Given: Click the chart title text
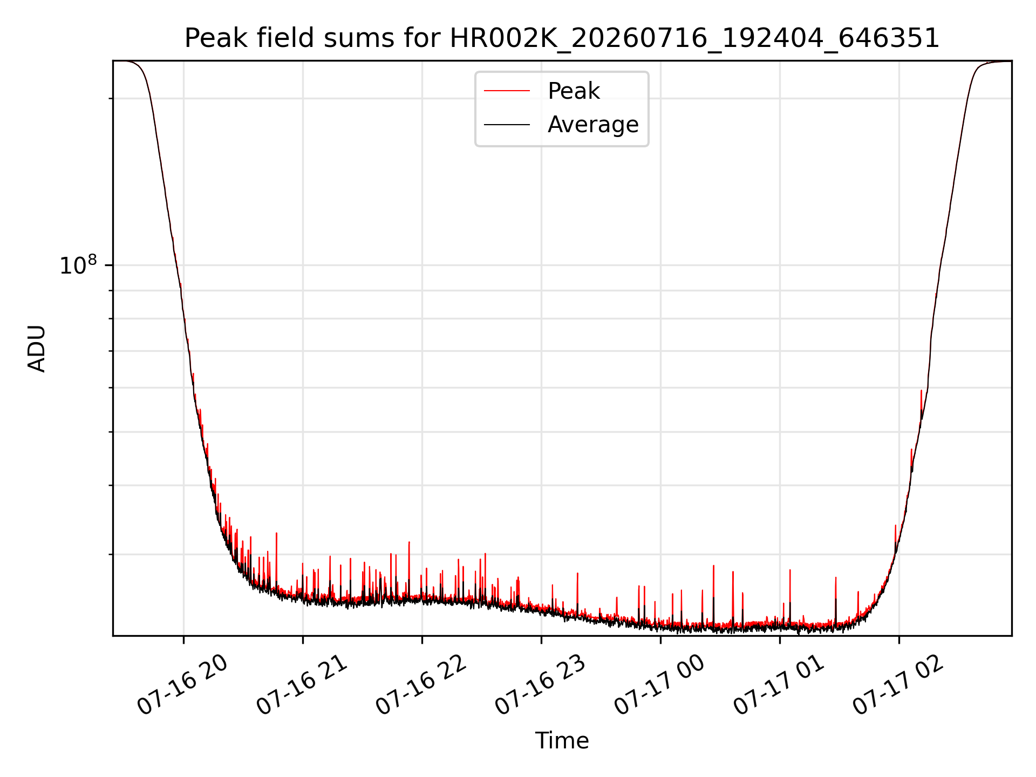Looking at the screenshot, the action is [562, 38].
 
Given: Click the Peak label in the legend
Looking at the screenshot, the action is [574, 91].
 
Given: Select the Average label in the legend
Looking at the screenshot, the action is [593, 125].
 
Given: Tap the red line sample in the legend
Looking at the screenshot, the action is [507, 91].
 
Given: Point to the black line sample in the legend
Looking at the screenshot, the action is [507, 125].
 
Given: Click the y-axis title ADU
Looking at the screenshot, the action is [37, 349].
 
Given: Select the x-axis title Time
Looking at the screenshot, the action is [562, 741].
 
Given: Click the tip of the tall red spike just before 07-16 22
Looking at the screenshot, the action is [409, 542].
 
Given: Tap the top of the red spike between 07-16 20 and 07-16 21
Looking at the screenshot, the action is [276, 533].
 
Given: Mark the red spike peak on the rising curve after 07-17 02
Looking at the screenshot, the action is [921, 390].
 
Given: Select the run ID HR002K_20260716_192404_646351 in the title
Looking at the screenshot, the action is [694, 39].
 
